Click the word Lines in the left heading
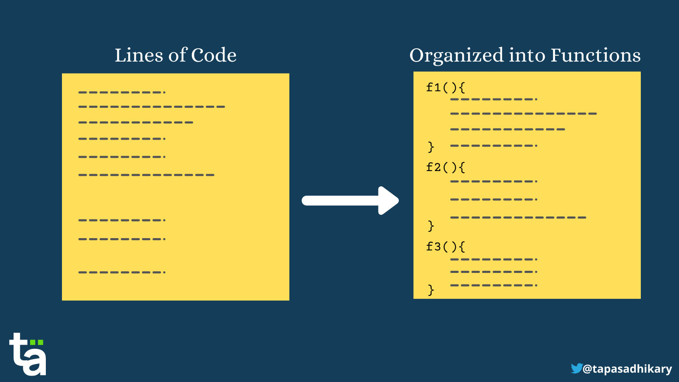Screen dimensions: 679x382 (x=139, y=55)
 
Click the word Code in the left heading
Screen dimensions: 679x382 (x=214, y=55)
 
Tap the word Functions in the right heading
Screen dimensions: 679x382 (x=596, y=55)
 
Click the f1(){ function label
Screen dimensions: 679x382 (x=446, y=87)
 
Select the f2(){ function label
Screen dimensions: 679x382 (x=446, y=167)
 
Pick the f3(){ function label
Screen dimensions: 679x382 (x=446, y=247)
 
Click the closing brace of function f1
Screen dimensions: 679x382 (x=431, y=147)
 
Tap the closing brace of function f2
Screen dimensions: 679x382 (x=431, y=226)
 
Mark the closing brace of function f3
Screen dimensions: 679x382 (x=431, y=290)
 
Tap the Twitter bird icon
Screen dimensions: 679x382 (x=577, y=368)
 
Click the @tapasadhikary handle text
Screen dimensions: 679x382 (x=627, y=369)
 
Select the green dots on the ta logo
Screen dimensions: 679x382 (x=36, y=343)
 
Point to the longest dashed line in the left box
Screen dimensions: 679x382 (x=152, y=107)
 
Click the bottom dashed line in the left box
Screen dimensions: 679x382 (x=122, y=272)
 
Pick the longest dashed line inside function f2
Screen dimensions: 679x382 (x=518, y=217)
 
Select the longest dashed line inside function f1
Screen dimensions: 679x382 (x=524, y=114)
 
